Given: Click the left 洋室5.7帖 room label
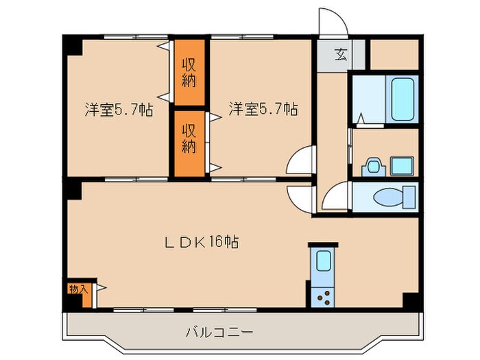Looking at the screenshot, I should click(x=119, y=109).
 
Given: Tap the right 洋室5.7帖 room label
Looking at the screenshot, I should click(x=263, y=109).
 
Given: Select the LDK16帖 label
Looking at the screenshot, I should click(x=200, y=243).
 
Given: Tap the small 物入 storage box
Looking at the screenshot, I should click(x=78, y=289).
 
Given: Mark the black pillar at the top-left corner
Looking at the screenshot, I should click(x=71, y=46).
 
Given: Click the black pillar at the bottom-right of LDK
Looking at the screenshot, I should click(x=411, y=300).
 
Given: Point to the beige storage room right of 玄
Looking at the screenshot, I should click(x=394, y=56).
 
